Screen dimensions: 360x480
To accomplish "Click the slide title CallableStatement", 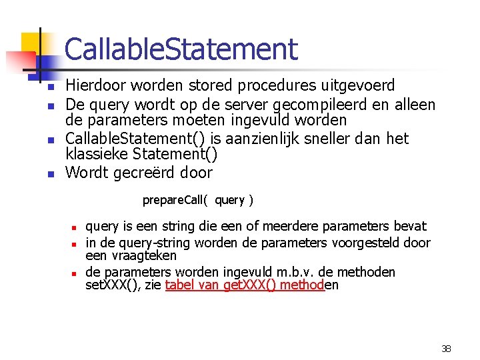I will [181, 49].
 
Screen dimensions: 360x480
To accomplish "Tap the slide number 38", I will [446, 349].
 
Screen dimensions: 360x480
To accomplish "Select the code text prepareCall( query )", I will [198, 200].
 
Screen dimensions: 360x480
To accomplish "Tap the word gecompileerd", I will [341, 105].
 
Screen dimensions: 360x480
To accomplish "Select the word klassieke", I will [95, 155].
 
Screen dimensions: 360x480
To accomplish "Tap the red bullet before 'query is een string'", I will [76, 227].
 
